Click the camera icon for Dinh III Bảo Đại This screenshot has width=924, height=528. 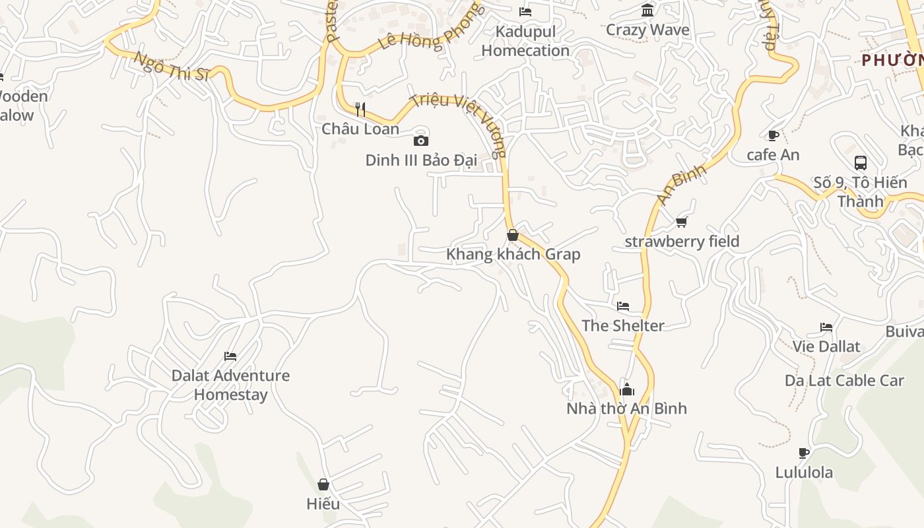tap(421, 141)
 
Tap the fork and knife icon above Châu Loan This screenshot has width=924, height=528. tap(360, 109)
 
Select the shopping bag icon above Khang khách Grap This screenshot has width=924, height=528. tap(512, 235)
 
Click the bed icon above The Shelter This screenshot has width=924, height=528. tap(623, 306)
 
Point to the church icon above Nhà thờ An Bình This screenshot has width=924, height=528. tap(627, 389)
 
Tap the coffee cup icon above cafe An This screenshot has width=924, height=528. tap(773, 136)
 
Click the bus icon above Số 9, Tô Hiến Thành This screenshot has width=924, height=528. tap(860, 162)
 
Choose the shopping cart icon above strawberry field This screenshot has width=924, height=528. tap(682, 222)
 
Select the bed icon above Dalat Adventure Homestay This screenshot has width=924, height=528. tap(230, 356)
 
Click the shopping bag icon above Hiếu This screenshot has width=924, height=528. tap(323, 484)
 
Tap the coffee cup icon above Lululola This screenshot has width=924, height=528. tap(804, 453)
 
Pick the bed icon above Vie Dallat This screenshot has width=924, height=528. tap(826, 327)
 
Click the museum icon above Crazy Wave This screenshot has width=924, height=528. tap(647, 11)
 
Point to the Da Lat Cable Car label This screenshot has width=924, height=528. tap(844, 381)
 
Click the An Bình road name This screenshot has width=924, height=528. tap(681, 184)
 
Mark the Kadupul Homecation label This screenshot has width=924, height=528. tap(525, 41)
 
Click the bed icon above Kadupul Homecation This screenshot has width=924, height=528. tap(525, 12)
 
